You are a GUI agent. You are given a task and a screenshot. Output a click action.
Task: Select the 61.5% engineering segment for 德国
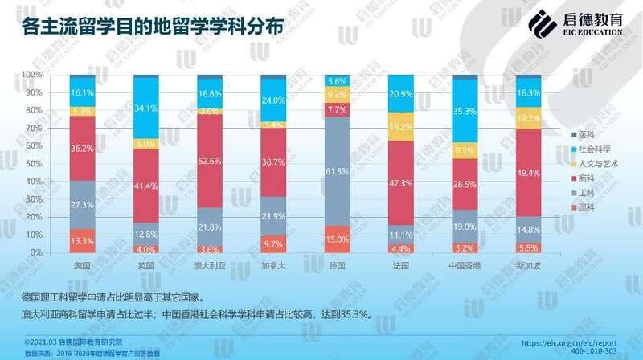click(x=338, y=171)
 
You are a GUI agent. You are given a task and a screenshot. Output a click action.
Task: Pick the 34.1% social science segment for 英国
click(x=145, y=108)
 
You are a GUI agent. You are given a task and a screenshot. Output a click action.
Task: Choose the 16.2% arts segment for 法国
click(x=401, y=126)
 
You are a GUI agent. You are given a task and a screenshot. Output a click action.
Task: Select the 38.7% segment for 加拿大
click(x=273, y=162)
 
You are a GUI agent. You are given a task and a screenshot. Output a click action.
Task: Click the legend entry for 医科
click(x=580, y=133)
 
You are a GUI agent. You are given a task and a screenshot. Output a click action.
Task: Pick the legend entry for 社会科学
click(x=584, y=150)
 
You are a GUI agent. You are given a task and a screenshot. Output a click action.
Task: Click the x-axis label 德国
click(x=337, y=264)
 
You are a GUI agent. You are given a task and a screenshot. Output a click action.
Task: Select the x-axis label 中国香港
click(x=465, y=264)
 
